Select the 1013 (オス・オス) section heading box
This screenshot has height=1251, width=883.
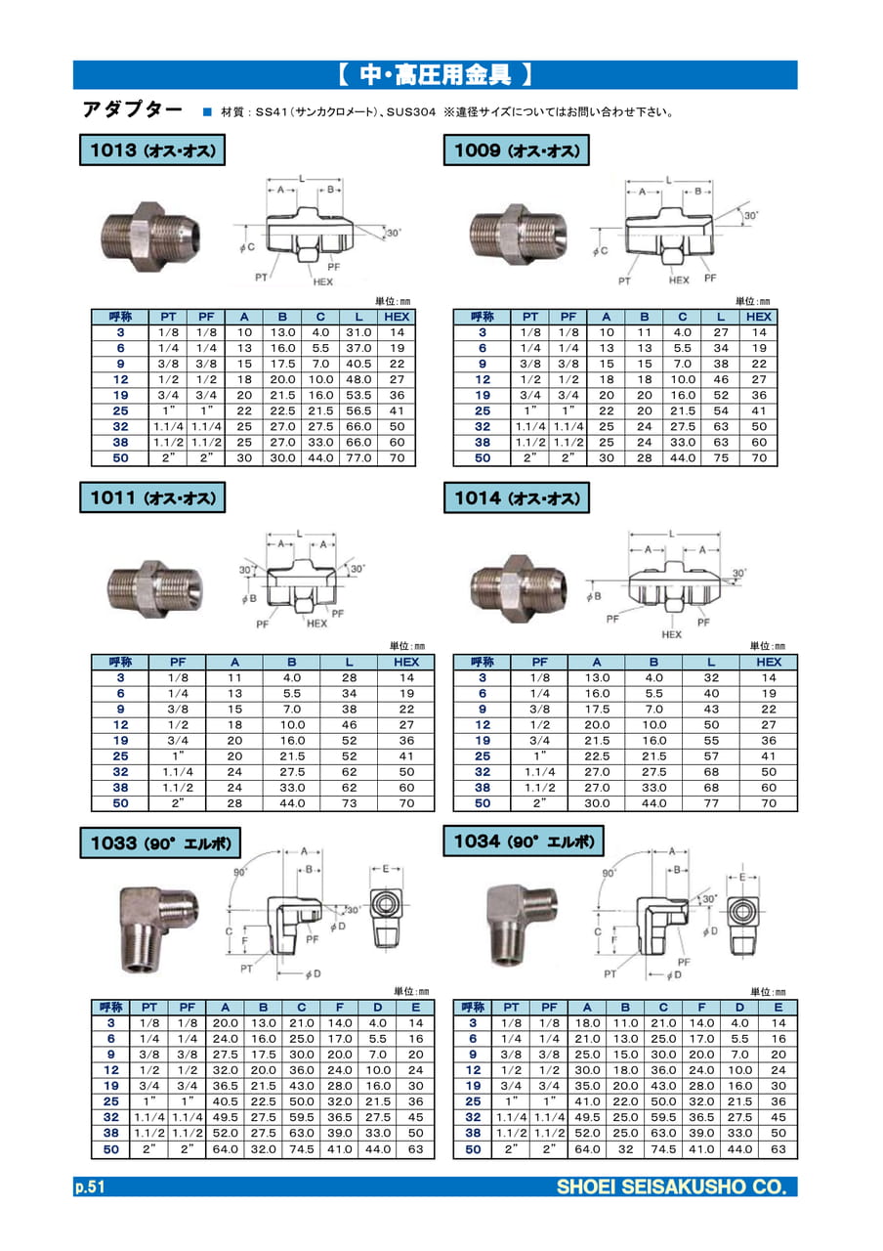pyautogui.click(x=152, y=151)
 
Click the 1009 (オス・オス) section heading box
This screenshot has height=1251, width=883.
pyautogui.click(x=517, y=151)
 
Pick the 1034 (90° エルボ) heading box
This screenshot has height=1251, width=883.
pyautogui.click(x=524, y=841)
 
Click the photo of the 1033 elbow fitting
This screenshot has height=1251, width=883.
pyautogui.click(x=159, y=928)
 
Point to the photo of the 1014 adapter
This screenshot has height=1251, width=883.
pyautogui.click(x=519, y=588)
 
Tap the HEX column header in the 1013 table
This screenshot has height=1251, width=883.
pyautogui.click(x=397, y=317)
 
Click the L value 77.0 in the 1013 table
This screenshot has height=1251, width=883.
pyautogui.click(x=358, y=458)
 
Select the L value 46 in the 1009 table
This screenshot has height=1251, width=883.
pyautogui.click(x=721, y=380)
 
